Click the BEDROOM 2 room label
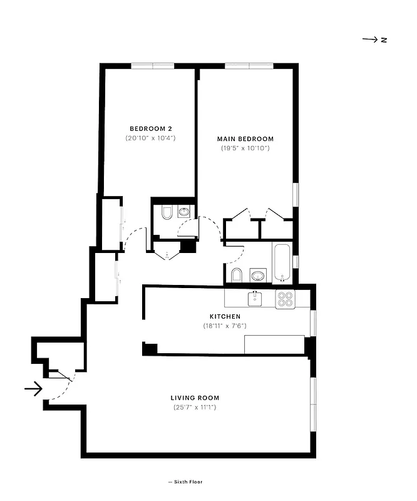[x=150, y=128]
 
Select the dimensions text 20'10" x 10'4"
[x=150, y=137]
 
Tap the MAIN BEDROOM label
[x=245, y=139]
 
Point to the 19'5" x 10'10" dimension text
[x=245, y=148]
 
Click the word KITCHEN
[x=226, y=317]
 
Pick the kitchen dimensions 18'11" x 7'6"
[x=226, y=326]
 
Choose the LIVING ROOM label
[x=195, y=398]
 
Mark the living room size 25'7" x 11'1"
[x=195, y=408]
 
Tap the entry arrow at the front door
[x=33, y=390]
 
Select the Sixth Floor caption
[x=186, y=482]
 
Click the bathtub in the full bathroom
[x=281, y=262]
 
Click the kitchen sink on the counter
[x=255, y=298]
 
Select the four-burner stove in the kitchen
[x=286, y=299]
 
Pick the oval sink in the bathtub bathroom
[x=257, y=275]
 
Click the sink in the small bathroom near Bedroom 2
[x=184, y=212]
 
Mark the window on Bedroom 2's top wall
[x=152, y=65]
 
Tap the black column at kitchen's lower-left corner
[x=150, y=349]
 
